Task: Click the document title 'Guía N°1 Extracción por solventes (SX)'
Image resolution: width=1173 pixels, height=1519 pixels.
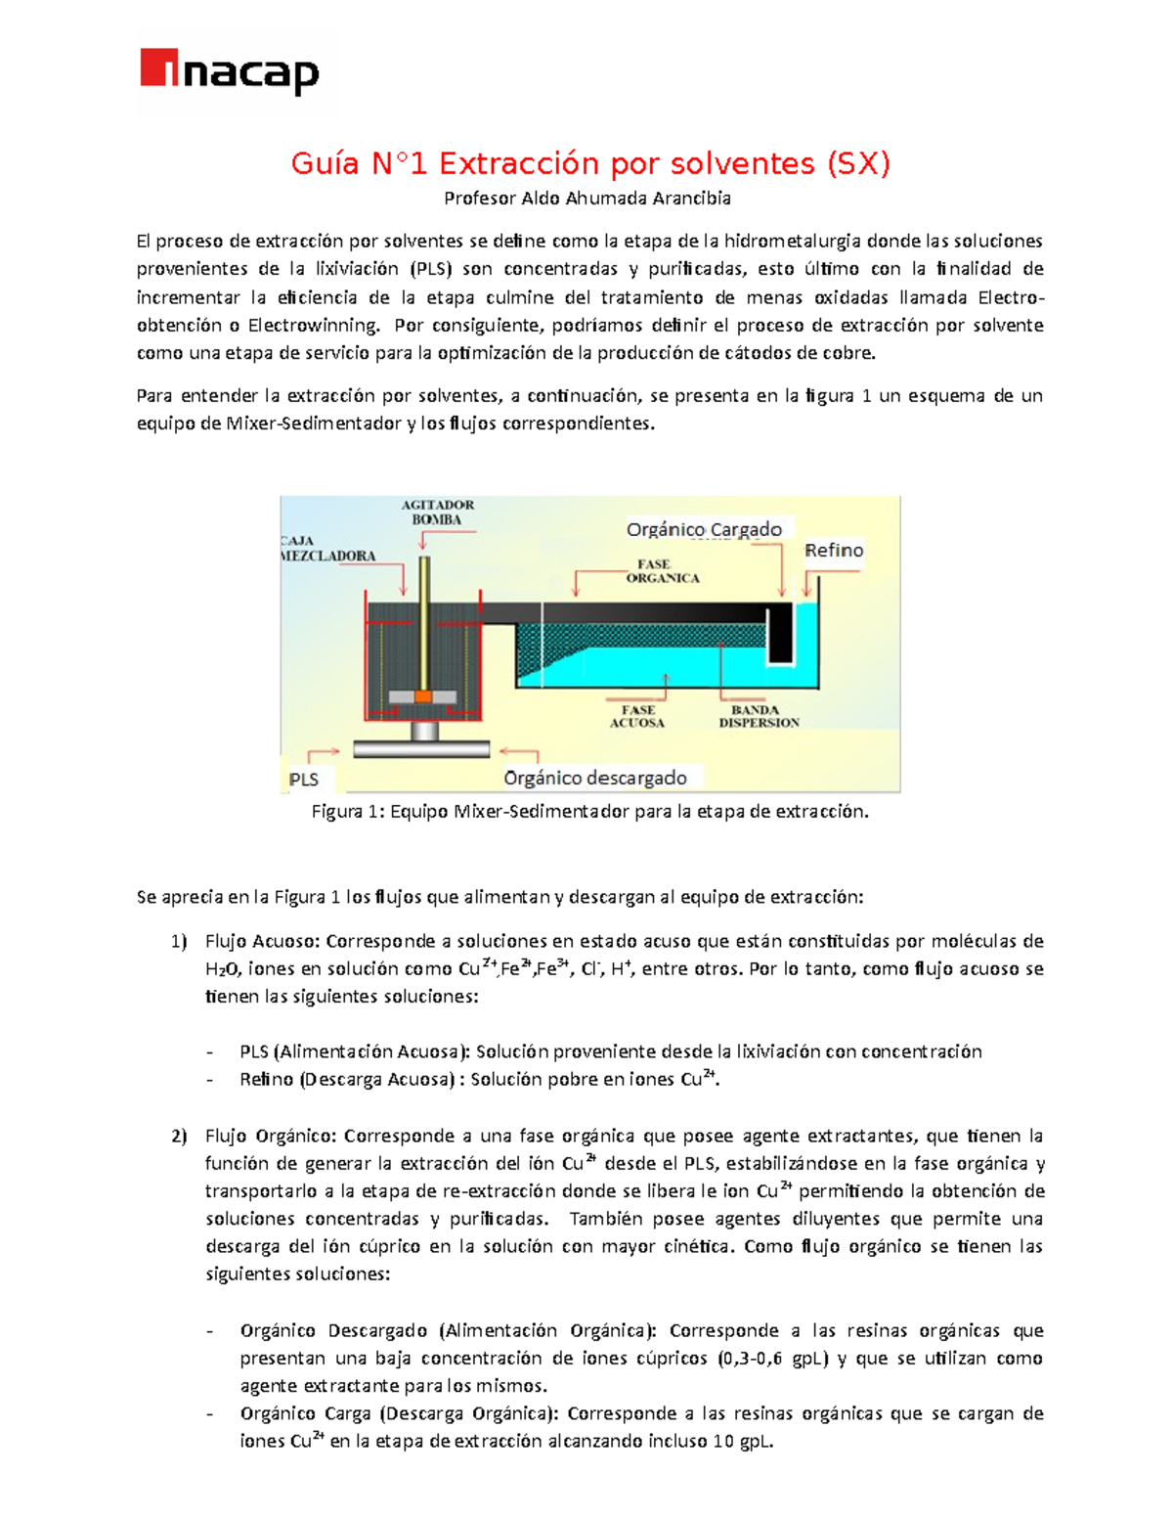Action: click(x=590, y=163)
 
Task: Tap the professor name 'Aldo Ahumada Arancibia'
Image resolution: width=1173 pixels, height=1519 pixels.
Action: click(x=626, y=199)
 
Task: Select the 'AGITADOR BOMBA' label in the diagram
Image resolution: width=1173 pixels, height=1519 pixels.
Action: click(x=437, y=513)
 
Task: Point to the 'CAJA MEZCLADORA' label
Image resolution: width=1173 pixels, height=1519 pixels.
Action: click(x=328, y=548)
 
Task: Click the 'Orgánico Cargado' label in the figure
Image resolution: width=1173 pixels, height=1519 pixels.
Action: click(x=704, y=529)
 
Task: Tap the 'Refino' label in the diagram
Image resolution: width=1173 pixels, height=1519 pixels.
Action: click(x=834, y=551)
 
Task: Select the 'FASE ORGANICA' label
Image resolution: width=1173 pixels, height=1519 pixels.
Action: click(x=662, y=571)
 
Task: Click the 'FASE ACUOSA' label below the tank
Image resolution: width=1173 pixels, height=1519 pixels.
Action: click(x=637, y=716)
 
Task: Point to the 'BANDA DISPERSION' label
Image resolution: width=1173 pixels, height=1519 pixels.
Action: click(x=759, y=716)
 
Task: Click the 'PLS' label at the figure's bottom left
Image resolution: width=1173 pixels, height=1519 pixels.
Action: click(x=304, y=780)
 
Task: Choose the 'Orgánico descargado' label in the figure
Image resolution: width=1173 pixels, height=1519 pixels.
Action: click(x=595, y=778)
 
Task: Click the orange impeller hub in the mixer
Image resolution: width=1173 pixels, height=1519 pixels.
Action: click(x=422, y=696)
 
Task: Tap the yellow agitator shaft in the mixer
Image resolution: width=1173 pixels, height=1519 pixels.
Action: click(x=424, y=616)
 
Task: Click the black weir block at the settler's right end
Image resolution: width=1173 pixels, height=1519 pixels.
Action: click(x=779, y=633)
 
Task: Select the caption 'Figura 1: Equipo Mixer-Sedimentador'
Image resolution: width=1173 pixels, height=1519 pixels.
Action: click(x=589, y=812)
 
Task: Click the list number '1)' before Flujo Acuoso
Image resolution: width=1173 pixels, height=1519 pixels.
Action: click(x=178, y=942)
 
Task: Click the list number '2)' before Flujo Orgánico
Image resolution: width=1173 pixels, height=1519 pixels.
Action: click(x=178, y=1137)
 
